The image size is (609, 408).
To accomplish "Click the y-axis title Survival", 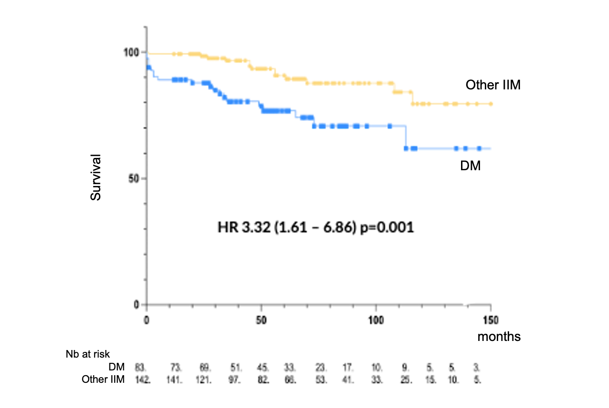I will [96, 177].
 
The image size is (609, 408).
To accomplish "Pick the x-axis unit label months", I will [499, 337].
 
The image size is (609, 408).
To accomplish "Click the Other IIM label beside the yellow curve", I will [493, 85].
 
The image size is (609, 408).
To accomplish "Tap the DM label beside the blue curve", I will [471, 165].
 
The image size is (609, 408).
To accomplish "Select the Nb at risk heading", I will [88, 354].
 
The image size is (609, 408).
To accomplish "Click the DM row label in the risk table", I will [116, 367].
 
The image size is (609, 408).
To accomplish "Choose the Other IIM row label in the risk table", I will [103, 379].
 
